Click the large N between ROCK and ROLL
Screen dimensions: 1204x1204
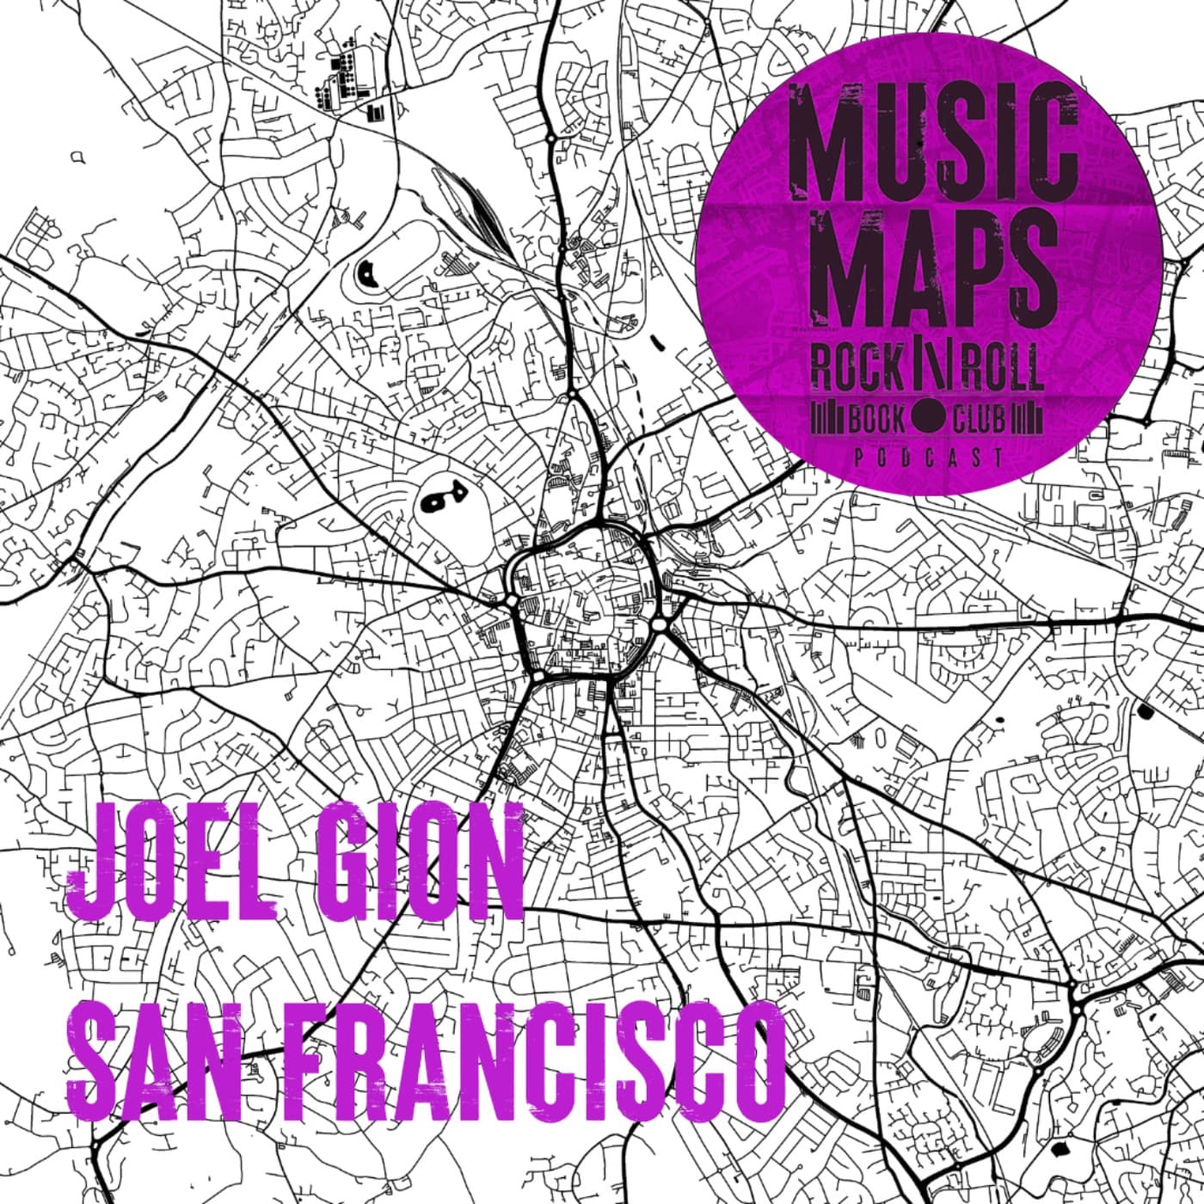pyautogui.click(x=930, y=367)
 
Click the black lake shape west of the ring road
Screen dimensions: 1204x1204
pyautogui.click(x=441, y=497)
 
